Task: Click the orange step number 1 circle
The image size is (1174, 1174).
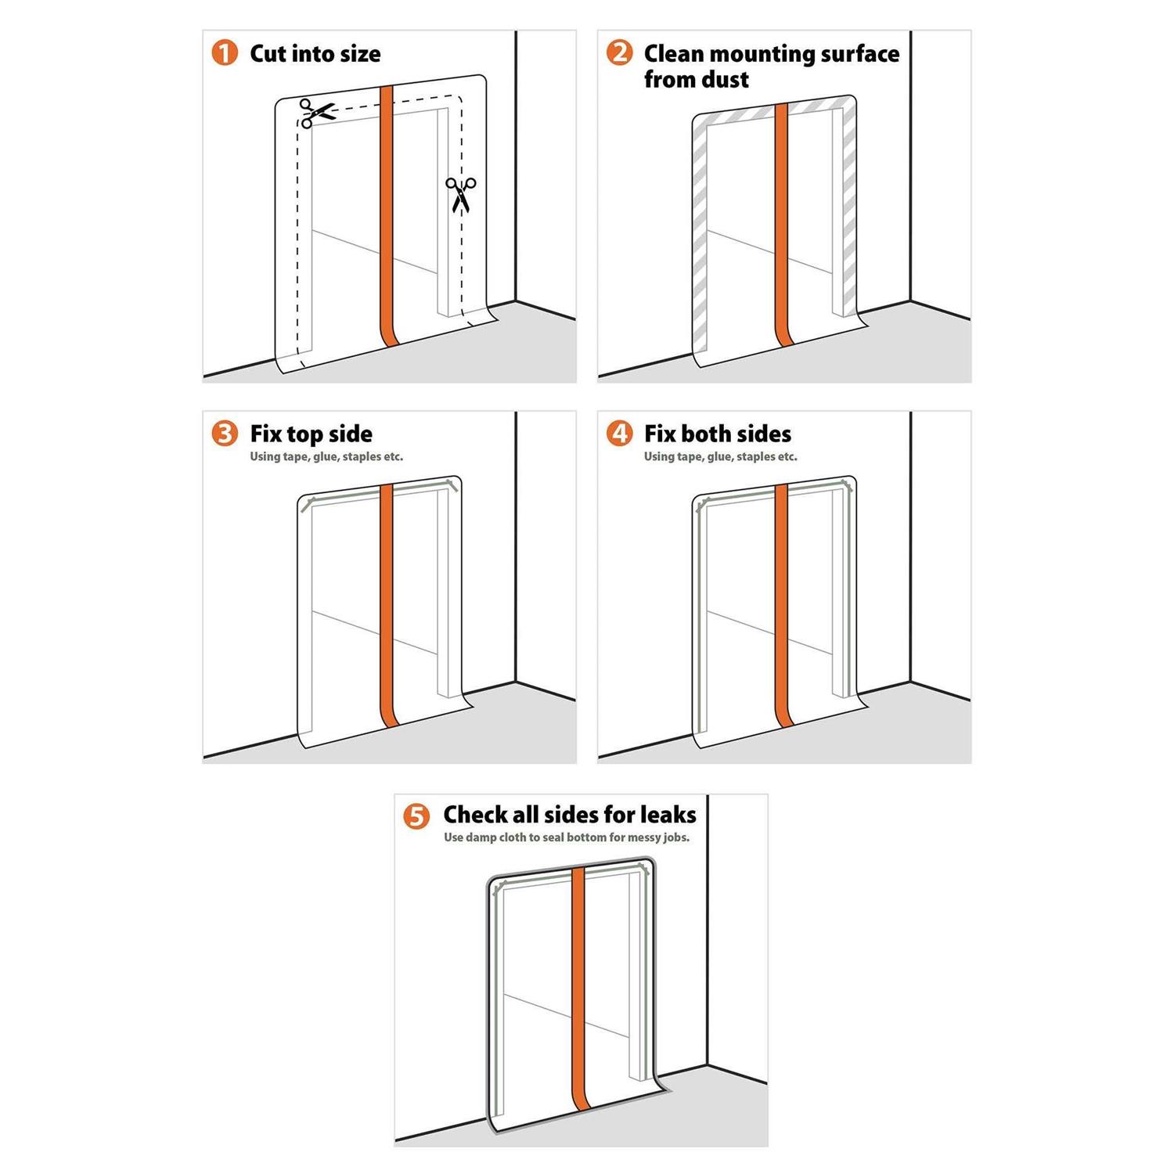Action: tap(225, 53)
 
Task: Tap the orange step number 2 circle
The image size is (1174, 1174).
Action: tap(619, 53)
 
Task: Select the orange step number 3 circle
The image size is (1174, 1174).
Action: tap(225, 434)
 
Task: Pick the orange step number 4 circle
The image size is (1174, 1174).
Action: tap(619, 434)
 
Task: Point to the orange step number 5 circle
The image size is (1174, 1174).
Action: tap(416, 816)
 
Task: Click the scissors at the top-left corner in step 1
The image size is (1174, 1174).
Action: tap(316, 113)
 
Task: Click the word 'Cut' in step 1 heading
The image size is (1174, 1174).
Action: tap(268, 54)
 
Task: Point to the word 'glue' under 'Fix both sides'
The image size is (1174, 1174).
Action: tap(718, 457)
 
